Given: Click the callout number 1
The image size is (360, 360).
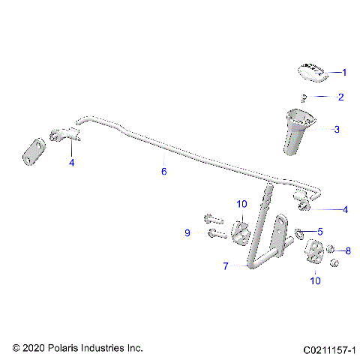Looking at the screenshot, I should [344, 73].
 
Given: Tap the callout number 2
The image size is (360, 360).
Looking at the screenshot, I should [340, 97].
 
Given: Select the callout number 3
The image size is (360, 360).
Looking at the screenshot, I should [337, 129].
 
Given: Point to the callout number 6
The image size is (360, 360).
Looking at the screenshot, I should [163, 171].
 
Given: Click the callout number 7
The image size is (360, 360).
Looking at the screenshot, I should [224, 265].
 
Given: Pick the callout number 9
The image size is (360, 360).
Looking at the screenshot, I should [187, 233].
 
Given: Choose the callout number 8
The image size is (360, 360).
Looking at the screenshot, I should [347, 250].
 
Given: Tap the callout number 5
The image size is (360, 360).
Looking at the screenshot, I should [320, 232].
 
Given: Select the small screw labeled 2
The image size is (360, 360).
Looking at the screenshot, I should [304, 97].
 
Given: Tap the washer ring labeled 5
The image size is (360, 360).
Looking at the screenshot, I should [301, 232].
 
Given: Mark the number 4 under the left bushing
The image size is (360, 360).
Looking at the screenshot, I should [72, 161].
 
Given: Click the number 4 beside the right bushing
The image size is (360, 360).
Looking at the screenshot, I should [344, 210].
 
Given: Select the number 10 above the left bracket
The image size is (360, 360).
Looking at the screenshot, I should [241, 204].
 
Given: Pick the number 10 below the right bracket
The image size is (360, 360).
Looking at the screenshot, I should [314, 280].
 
